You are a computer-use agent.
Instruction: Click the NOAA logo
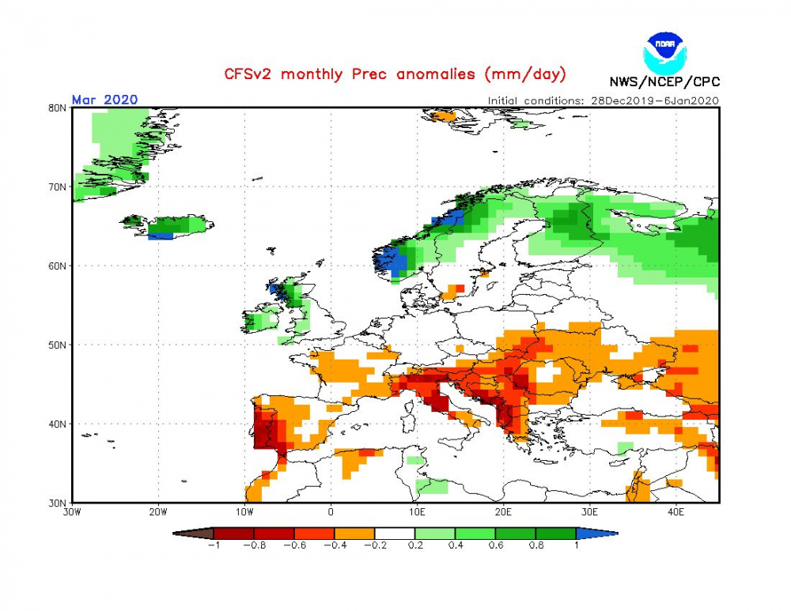coord(665,54)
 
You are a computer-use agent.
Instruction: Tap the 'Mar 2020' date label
coord(104,100)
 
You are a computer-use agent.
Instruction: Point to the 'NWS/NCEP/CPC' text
coord(664,81)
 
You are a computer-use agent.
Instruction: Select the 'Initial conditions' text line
coord(603,100)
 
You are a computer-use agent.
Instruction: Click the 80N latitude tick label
coord(57,107)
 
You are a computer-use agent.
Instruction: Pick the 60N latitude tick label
coord(57,266)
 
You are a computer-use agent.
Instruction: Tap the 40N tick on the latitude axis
coord(57,424)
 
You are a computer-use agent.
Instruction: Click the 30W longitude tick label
coord(72,512)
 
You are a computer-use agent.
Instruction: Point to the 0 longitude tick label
coord(331,512)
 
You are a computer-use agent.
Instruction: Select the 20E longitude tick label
coord(503,512)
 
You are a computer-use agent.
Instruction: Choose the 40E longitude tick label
coord(676,512)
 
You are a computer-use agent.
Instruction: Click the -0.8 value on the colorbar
coord(255,545)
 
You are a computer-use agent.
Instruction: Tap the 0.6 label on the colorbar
coord(496,545)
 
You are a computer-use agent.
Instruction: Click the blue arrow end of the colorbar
coord(596,534)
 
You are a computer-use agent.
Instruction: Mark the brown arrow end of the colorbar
coord(193,534)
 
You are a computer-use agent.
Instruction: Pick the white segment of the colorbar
coord(395,534)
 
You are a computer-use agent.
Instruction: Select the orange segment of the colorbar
coord(354,534)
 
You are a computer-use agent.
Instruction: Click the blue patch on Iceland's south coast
coord(161,236)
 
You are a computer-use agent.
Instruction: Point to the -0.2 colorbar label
coord(375,545)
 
